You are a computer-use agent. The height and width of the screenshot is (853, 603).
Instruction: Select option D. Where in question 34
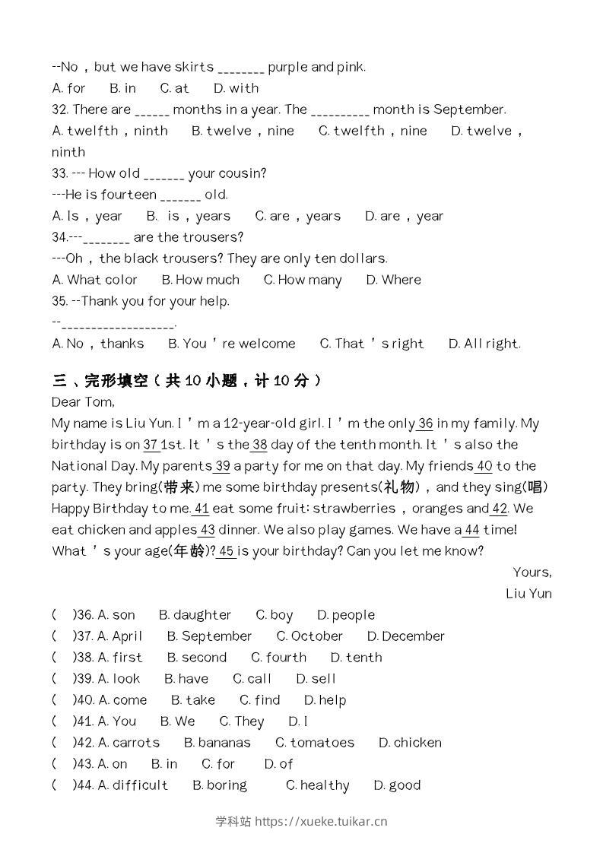click(393, 280)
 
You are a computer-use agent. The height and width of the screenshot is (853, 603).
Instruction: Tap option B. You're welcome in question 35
click(231, 344)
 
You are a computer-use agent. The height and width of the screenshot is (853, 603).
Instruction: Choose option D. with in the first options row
click(236, 88)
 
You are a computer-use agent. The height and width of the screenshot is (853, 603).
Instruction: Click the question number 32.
click(60, 109)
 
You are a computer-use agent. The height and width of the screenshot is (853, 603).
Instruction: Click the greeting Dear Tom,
click(83, 402)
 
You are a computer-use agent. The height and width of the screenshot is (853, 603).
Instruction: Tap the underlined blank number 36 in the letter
click(425, 423)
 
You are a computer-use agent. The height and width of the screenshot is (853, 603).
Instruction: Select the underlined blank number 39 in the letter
click(222, 466)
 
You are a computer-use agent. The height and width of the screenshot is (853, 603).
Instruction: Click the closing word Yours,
click(532, 572)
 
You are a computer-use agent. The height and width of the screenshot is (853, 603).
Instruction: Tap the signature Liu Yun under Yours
click(528, 594)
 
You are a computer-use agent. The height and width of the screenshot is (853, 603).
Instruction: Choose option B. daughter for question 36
click(195, 615)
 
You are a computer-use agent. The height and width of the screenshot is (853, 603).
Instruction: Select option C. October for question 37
click(309, 636)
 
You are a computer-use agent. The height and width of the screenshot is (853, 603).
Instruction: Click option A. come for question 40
click(122, 700)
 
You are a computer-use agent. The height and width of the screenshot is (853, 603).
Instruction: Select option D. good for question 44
click(397, 785)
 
